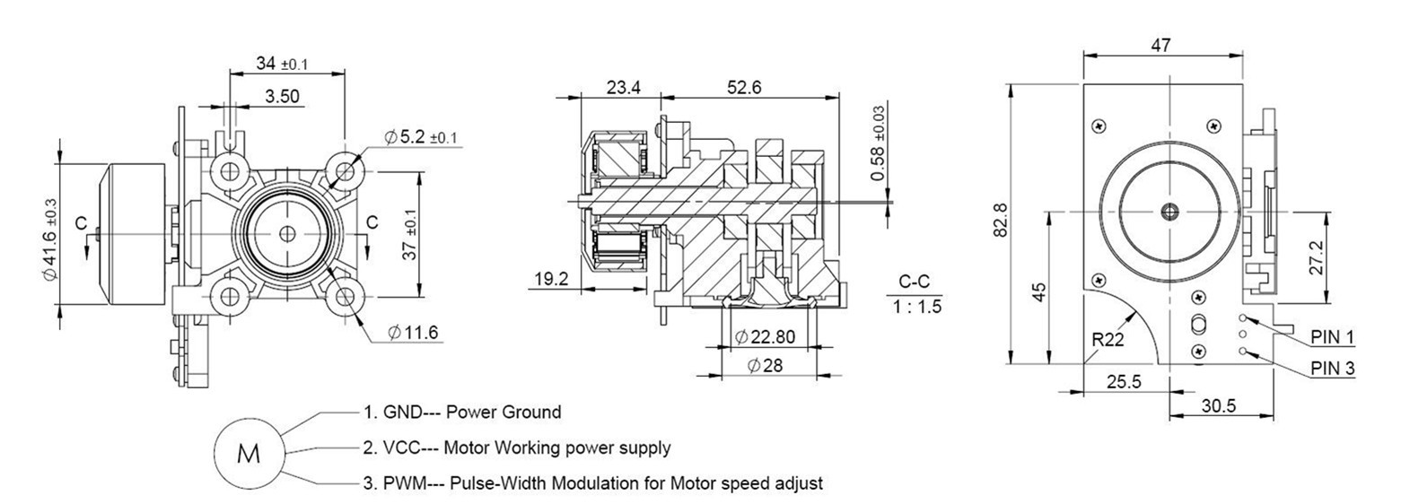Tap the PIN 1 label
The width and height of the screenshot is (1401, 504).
click(x=1332, y=337)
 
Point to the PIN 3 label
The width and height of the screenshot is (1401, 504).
click(x=1332, y=368)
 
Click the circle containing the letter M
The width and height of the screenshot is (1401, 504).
click(x=248, y=454)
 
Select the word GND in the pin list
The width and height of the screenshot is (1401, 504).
click(x=401, y=413)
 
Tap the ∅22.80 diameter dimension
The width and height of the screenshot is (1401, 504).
click(x=764, y=337)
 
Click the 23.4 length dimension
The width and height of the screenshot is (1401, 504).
click(x=623, y=87)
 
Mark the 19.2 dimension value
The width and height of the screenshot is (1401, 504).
click(x=550, y=279)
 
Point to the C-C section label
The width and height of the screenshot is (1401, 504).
click(x=913, y=282)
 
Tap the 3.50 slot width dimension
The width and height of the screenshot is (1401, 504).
click(x=282, y=96)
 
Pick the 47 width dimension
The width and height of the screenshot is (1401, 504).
click(x=1160, y=46)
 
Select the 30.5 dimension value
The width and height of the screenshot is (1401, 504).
click(x=1218, y=405)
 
